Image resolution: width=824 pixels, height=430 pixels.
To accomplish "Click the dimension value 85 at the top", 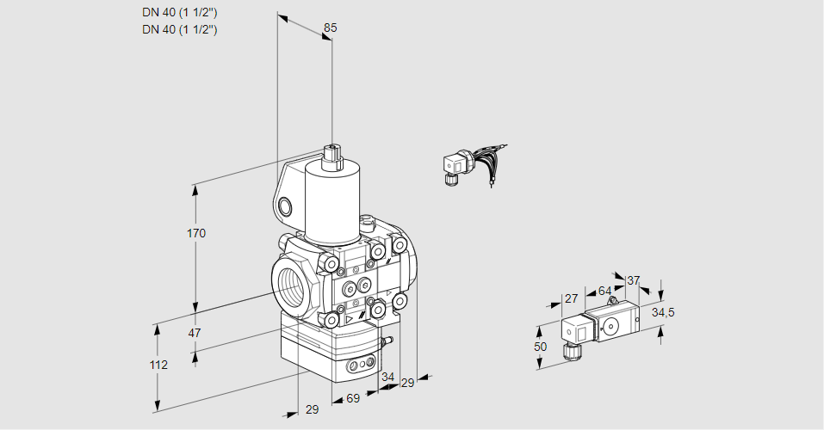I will pos(330,28).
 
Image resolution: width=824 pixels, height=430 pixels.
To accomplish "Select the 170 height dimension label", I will pos(196,233).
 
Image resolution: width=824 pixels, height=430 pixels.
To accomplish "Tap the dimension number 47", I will pos(195,333).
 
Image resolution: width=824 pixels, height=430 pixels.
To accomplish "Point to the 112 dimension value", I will pos(158,365).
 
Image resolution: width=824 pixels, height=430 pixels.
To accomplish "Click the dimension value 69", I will pos(352,400).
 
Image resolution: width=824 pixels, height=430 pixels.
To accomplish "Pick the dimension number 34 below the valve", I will pos(387,377).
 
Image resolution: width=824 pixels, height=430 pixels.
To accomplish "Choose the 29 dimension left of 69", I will pos(312,409).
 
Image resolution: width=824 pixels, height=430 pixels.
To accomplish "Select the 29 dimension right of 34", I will pos(407,383).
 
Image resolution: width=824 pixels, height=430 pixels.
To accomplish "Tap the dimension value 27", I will pos(570,298).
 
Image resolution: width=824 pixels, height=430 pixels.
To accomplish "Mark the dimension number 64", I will pos(604,291).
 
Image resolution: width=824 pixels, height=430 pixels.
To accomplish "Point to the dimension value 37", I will pos(634,280).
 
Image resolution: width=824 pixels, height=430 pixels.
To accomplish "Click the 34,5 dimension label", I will pos(662,312).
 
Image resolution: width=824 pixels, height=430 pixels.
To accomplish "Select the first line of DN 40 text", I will pos(180,12).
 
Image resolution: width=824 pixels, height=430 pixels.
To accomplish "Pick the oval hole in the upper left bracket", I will pos(285,206).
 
